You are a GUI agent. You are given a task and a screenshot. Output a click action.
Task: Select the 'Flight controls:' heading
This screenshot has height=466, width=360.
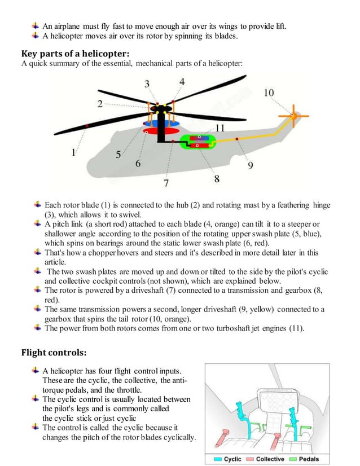tap(54, 353)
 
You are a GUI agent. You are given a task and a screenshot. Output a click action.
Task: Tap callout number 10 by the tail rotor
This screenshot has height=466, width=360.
tap(269, 92)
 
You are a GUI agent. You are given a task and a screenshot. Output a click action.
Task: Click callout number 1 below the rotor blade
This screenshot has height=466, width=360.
tap(73, 152)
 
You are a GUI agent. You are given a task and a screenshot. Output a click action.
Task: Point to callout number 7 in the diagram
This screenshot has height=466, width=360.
tap(166, 183)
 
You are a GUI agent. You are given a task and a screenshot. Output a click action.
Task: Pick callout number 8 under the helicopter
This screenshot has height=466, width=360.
tap(216, 179)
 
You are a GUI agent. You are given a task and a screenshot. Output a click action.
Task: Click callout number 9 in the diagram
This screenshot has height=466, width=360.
tap(250, 165)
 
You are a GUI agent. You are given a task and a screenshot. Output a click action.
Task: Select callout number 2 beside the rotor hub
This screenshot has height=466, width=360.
tap(99, 104)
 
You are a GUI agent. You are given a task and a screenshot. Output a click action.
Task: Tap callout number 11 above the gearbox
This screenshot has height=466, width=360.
tap(219, 128)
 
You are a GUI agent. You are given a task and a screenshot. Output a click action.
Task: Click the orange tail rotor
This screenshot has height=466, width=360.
tap(293, 115)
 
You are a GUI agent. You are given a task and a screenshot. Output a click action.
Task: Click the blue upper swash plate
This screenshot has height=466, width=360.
tap(161, 122)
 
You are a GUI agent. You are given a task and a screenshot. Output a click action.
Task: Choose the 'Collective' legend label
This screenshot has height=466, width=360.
tap(270, 459)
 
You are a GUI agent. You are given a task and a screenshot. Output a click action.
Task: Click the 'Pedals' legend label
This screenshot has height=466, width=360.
tap(309, 459)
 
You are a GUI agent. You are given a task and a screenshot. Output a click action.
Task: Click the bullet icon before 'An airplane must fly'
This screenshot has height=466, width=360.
tap(36, 25)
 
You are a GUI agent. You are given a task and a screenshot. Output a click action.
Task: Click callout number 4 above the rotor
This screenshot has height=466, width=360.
tap(182, 82)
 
